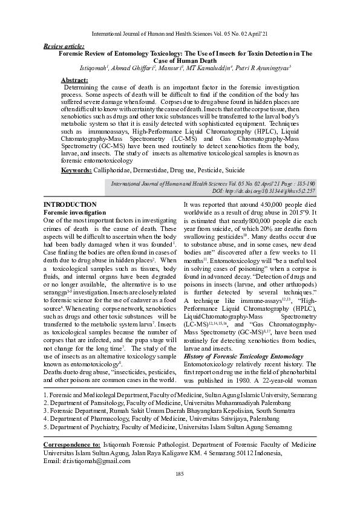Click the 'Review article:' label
pyautogui.click(x=64, y=46)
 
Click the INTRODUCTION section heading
pyautogui.click(x=71, y=205)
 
